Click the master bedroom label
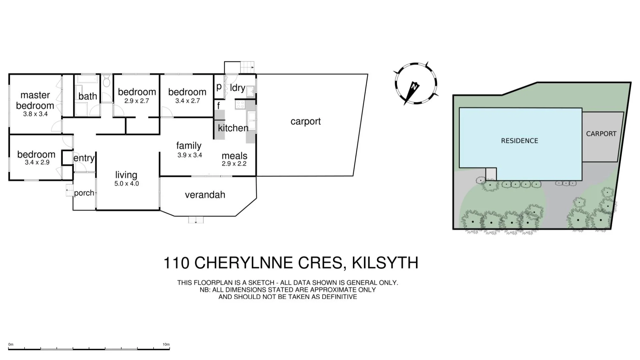35,100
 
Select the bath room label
88,96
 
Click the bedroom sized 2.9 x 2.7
137,92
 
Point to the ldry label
237,88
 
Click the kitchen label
233,128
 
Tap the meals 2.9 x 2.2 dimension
234,164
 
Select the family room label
189,146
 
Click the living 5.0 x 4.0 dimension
126,183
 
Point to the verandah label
205,195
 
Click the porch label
84,193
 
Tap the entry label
84,158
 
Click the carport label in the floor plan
305,121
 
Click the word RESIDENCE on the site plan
519,141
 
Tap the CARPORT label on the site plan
601,134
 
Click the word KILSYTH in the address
385,263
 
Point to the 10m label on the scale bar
166,344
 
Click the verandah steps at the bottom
196,220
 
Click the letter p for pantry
219,87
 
